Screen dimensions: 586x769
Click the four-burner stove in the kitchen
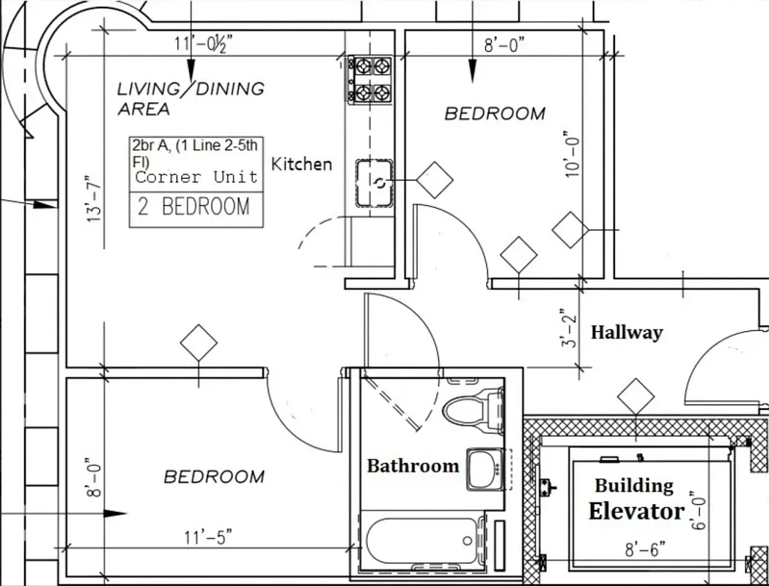371,79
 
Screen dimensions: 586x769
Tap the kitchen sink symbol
375,183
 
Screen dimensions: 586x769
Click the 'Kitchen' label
301,164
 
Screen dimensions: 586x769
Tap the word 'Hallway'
627,333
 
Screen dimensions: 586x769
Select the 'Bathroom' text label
413,465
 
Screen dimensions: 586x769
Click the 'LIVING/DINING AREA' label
191,98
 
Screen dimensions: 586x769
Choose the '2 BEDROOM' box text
194,207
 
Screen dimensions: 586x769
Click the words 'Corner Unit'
196,177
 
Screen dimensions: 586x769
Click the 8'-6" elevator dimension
645,549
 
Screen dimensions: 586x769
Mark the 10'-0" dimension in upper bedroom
573,155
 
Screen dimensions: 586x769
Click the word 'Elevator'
636,511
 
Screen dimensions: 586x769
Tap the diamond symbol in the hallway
636,396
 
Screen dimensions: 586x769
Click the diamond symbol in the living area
199,343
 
